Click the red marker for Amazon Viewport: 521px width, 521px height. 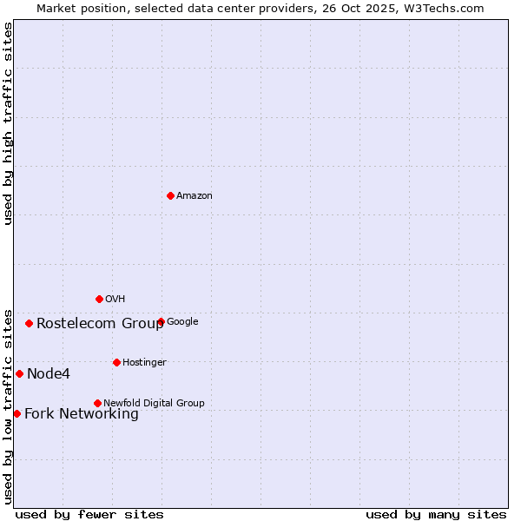(170, 195)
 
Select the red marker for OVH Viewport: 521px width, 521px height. (99, 299)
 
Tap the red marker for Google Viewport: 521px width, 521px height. (161, 321)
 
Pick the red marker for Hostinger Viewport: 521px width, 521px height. (116, 362)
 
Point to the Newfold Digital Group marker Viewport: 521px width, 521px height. (97, 403)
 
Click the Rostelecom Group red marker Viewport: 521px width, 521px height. (29, 323)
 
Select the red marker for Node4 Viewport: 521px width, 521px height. (19, 373)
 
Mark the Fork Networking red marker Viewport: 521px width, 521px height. (16, 413)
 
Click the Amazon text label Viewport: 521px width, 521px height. (195, 196)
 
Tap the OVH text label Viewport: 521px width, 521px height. (115, 300)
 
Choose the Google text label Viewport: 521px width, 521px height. (182, 322)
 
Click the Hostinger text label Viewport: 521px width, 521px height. (144, 363)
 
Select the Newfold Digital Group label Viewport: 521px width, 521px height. (154, 404)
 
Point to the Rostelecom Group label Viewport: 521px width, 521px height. (100, 324)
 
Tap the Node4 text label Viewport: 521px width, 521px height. (49, 374)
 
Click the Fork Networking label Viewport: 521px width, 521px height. (82, 414)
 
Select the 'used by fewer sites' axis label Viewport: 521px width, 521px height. (89, 514)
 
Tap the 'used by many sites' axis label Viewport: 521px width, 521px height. (436, 514)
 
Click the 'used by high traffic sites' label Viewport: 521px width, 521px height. (9, 123)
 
